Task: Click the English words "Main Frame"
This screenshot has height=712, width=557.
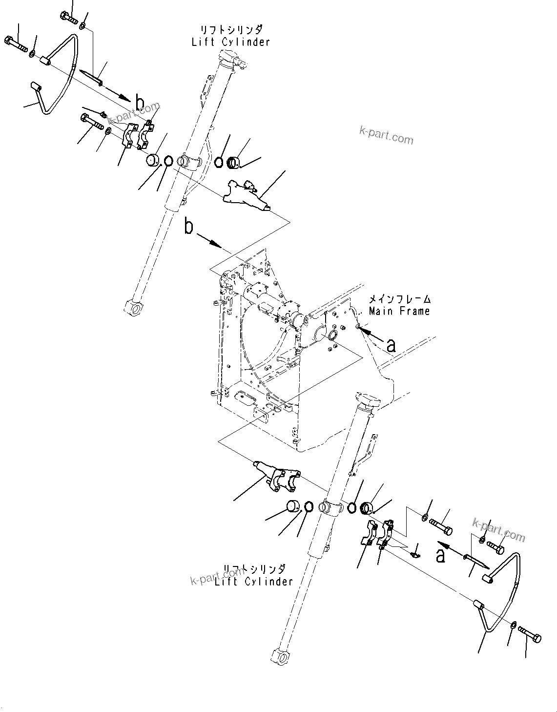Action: click(x=399, y=311)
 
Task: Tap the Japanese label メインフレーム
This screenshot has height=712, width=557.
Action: click(x=399, y=299)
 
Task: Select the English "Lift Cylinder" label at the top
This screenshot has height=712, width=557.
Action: click(x=230, y=42)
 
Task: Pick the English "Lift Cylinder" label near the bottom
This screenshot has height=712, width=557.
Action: click(x=253, y=581)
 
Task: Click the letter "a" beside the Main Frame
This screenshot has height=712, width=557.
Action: click(x=391, y=345)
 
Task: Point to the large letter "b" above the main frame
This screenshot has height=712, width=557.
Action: click(x=189, y=228)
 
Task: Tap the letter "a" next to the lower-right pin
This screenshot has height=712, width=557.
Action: click(x=440, y=555)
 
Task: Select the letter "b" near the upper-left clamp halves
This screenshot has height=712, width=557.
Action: click(x=140, y=104)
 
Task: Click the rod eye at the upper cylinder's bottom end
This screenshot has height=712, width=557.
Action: click(x=133, y=307)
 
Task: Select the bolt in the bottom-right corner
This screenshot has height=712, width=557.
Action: click(x=530, y=635)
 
